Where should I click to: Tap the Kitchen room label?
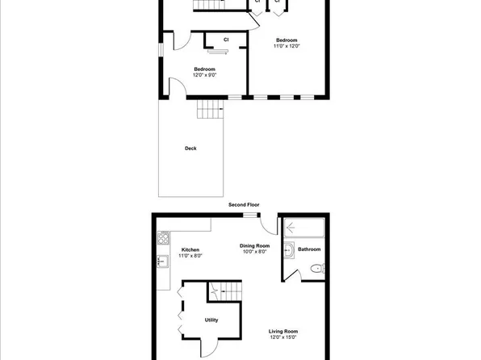click(190, 250)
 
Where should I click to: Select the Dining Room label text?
click(253, 245)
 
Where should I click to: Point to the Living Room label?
click(284, 331)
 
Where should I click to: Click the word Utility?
click(211, 320)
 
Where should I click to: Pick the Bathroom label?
click(309, 249)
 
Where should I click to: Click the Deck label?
click(190, 148)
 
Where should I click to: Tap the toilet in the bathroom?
click(316, 271)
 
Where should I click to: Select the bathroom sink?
click(290, 250)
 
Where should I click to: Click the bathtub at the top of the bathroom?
click(303, 228)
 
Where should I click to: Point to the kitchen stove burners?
click(163, 238)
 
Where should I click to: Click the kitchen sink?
click(162, 261)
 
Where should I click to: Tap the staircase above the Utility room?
click(225, 288)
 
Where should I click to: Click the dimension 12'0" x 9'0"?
click(203, 75)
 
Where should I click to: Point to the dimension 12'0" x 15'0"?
click(284, 337)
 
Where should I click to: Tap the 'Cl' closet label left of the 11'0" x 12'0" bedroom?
click(227, 39)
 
